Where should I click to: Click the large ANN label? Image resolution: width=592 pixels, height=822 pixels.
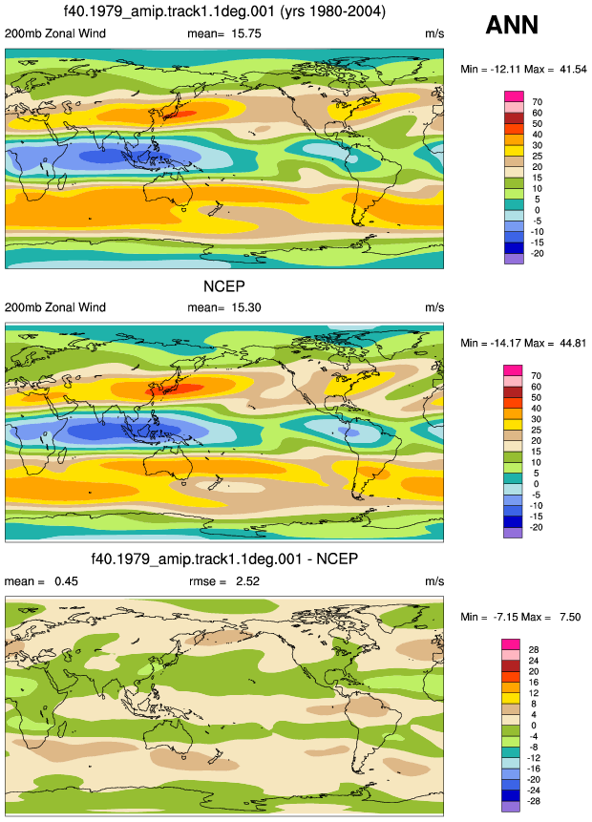point(512,25)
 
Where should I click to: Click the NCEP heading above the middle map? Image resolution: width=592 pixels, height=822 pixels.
point(223,286)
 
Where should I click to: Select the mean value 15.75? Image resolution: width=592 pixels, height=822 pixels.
point(246,33)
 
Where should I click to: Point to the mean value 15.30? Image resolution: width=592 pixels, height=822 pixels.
point(246,307)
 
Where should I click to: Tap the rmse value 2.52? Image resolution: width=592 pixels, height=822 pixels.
point(247,580)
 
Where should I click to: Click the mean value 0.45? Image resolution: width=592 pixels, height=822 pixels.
point(66,580)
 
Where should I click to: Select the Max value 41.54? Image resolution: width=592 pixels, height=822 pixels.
point(573,69)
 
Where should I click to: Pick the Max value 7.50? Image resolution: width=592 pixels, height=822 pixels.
point(570,617)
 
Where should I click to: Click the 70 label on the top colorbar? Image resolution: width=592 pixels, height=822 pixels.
point(537,102)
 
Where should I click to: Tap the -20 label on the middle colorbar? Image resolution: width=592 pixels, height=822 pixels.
point(536,527)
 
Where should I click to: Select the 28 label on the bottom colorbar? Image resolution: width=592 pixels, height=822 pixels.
point(534,649)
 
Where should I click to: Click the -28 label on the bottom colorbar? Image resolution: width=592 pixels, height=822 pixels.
point(533,801)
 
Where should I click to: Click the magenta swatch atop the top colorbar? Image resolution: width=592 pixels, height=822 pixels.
point(514,96)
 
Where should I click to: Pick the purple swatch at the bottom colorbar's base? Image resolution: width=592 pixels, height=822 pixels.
point(511,807)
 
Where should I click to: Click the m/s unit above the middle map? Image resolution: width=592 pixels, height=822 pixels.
point(434,307)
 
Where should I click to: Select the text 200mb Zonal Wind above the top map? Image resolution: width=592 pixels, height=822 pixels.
point(55,33)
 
